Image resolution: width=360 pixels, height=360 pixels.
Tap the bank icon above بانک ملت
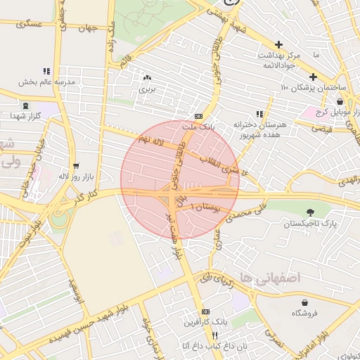pyautogui.click(x=198, y=116)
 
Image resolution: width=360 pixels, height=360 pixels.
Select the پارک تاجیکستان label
pyautogui.click(x=310, y=224)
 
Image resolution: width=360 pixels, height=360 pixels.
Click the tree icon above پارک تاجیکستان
pyautogui.click(x=310, y=212)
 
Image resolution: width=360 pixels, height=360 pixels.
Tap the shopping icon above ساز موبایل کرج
pyautogui.click(x=340, y=101)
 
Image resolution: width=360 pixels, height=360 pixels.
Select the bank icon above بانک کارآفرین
pyautogui.click(x=205, y=311)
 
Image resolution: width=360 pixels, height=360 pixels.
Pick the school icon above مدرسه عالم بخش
pyautogui.click(x=46, y=71)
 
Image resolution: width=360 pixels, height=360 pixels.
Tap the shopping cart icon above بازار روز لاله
pyautogui.click(x=76, y=166)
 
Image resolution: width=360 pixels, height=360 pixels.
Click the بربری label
pyautogui.click(x=146, y=89)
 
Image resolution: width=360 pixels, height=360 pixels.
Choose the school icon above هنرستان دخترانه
pyautogui.click(x=259, y=114)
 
